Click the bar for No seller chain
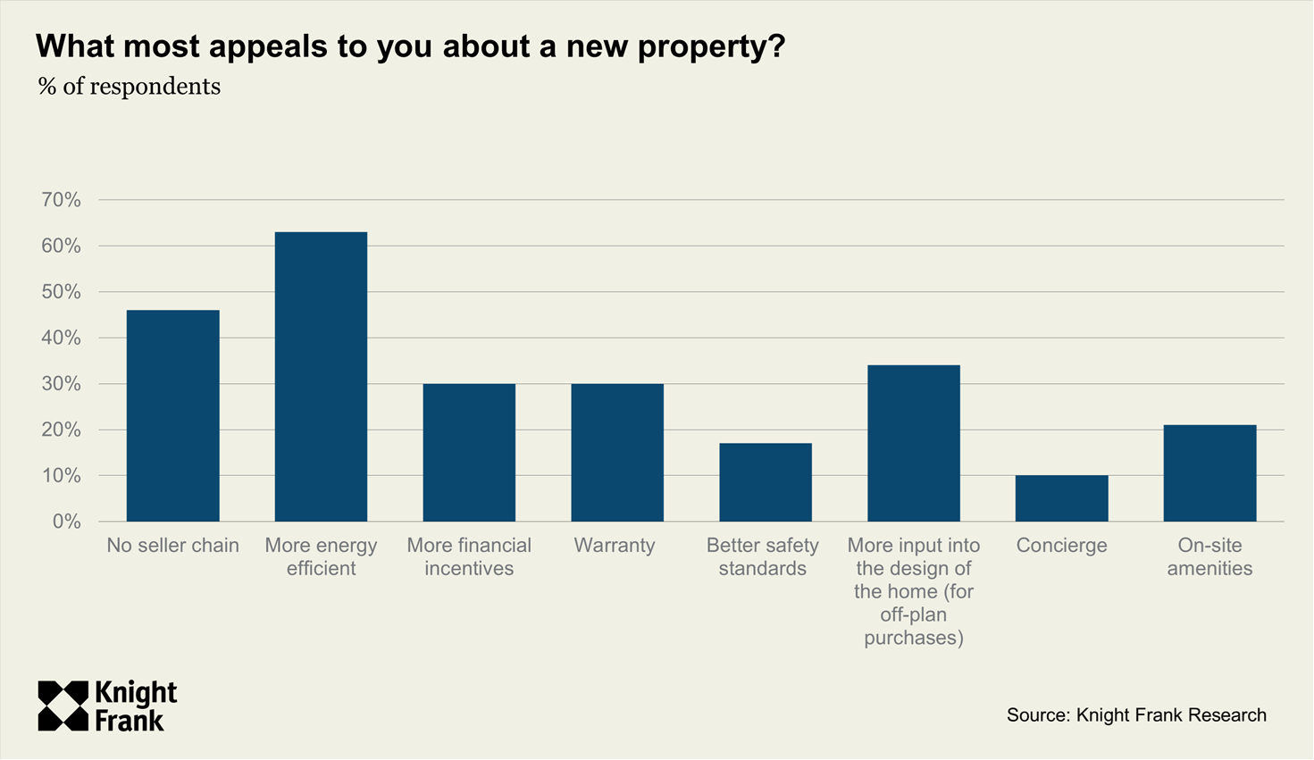click(172, 415)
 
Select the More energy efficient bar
click(321, 377)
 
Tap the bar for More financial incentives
click(469, 453)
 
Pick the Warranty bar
click(617, 453)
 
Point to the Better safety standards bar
click(766, 482)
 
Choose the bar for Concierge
click(1061, 498)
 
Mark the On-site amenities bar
click(1209, 473)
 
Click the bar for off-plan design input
click(914, 443)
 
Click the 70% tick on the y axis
click(61, 200)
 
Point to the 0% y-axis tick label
click(66, 522)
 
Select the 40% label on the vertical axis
click(61, 338)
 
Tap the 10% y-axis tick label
click(61, 476)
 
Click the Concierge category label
click(1061, 546)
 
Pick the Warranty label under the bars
click(615, 546)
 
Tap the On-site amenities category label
click(1209, 556)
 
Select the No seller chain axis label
click(172, 546)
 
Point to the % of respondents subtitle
click(130, 87)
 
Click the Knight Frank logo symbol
click(63, 706)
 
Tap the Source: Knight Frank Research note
click(1136, 715)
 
